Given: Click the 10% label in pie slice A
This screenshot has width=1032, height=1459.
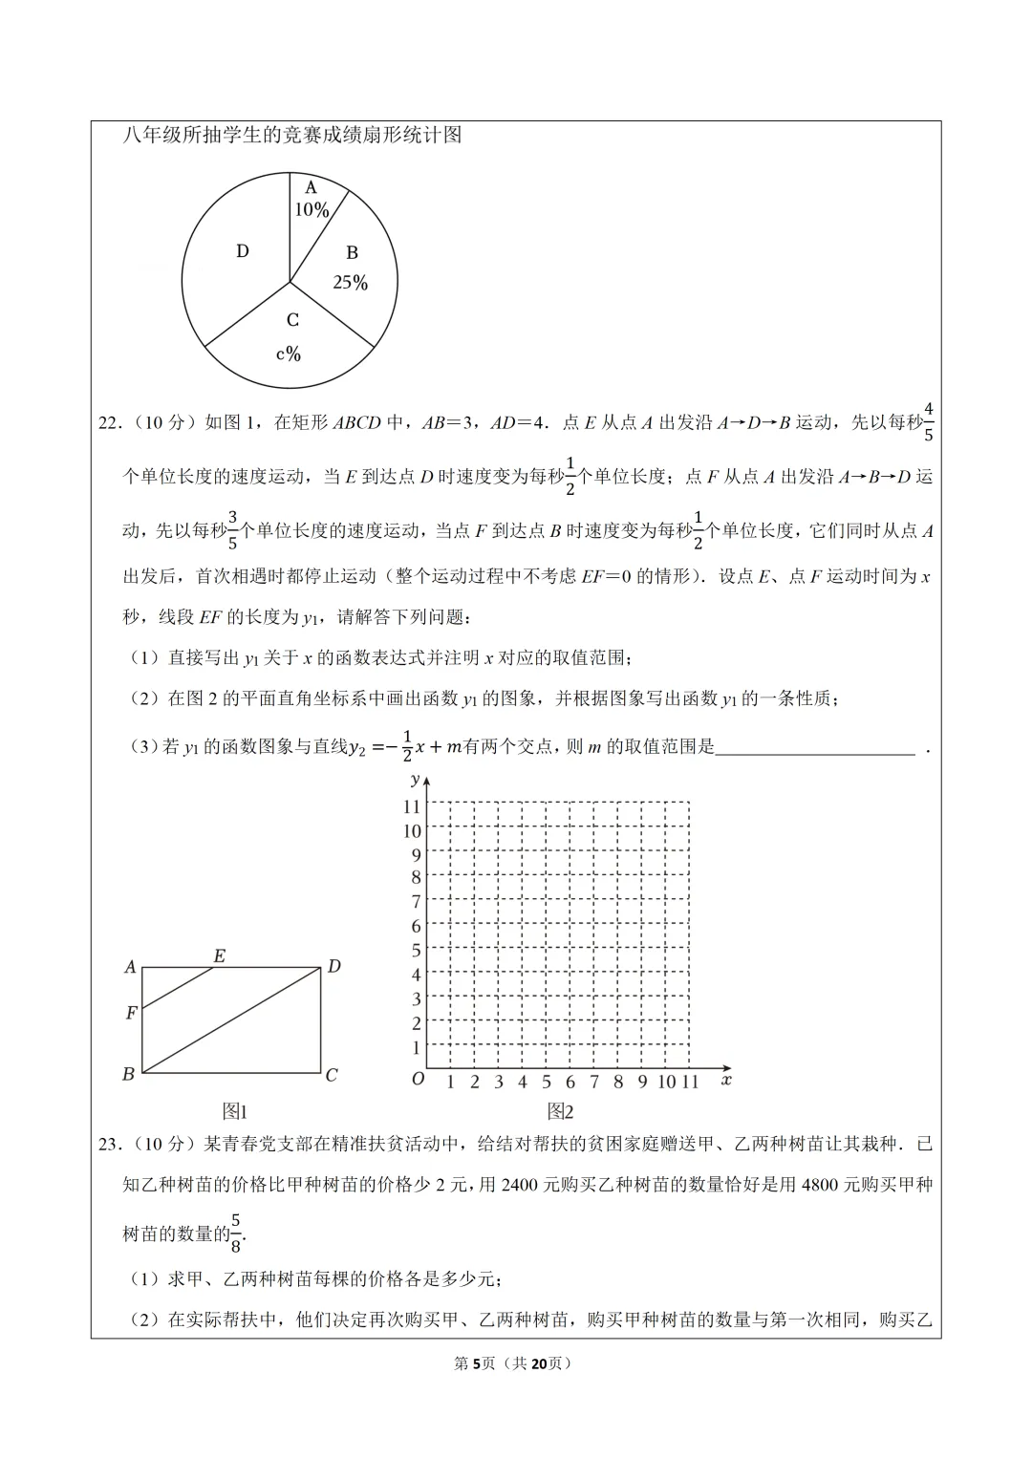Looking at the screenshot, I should (x=312, y=210).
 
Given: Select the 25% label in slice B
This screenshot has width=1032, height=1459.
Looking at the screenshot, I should (x=350, y=283).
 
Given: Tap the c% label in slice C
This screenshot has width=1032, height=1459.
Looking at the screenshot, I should (x=289, y=354).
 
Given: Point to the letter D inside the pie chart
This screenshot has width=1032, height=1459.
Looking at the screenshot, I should (x=243, y=251).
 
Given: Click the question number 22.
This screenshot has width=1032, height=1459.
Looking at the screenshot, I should (x=109, y=423).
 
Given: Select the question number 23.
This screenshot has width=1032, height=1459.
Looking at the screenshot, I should (x=109, y=1144).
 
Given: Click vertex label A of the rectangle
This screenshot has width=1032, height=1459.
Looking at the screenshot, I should (x=130, y=967).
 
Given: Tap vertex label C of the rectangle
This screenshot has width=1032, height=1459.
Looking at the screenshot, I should (x=332, y=1075).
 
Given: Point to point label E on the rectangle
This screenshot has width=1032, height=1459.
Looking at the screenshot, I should (x=219, y=955).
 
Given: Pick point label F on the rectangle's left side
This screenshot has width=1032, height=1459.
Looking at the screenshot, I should (x=131, y=1013).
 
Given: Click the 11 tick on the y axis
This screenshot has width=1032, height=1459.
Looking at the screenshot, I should (x=412, y=807).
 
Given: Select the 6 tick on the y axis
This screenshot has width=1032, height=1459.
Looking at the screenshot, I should (x=416, y=926).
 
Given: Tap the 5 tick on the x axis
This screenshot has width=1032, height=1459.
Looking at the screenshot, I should (x=547, y=1083).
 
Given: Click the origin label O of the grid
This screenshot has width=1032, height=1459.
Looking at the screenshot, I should (x=418, y=1080).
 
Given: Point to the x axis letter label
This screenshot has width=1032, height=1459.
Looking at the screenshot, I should (x=726, y=1080).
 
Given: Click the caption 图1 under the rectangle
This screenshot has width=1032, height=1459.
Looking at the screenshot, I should (x=235, y=1111).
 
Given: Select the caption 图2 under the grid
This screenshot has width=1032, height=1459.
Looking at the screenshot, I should (x=560, y=1111).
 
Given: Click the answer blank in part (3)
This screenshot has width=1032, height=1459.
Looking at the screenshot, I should (x=815, y=747).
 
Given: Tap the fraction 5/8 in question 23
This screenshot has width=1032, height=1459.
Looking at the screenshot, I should (x=236, y=1233).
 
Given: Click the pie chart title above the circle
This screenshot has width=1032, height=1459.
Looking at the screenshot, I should (x=292, y=136).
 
